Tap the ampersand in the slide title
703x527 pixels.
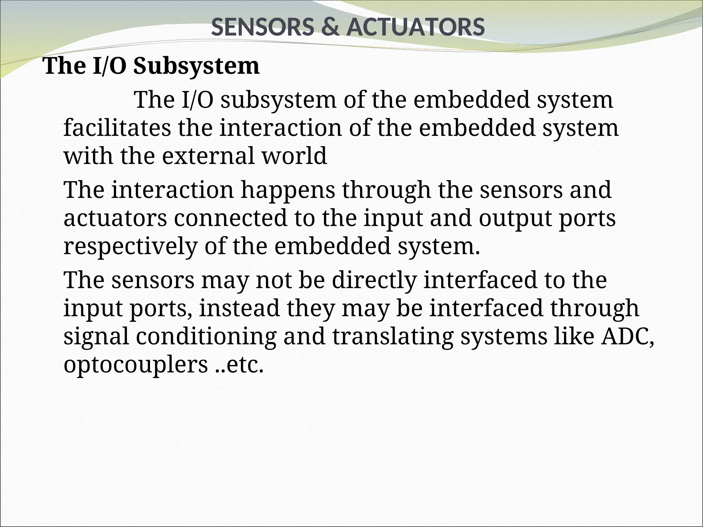click(330, 27)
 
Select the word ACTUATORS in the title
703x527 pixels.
click(416, 27)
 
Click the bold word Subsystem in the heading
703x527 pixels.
click(196, 66)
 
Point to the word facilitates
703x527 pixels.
click(117, 128)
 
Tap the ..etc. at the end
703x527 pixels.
click(241, 365)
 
